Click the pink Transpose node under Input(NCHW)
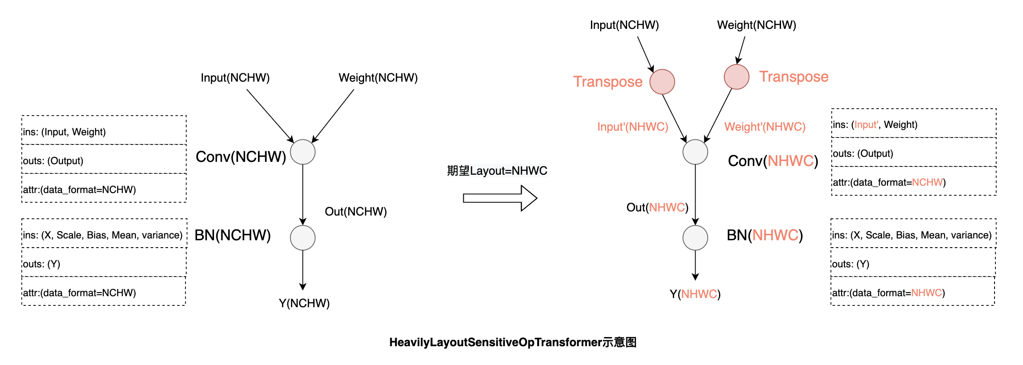click(662, 82)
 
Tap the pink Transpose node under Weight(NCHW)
click(736, 77)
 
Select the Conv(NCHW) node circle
click(303, 152)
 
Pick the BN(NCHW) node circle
click(303, 238)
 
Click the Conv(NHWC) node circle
click(695, 152)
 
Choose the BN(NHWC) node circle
click(695, 238)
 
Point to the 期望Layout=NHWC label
click(497, 171)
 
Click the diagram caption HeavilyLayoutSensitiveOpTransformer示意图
click(512, 342)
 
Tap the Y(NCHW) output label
click(304, 303)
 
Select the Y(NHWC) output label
click(695, 294)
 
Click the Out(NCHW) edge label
click(355, 211)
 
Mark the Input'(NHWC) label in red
click(632, 127)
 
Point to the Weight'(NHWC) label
click(764, 127)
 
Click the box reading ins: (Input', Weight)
click(913, 124)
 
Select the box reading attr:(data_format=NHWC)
click(912, 292)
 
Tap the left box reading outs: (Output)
click(104, 160)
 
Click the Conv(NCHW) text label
click(241, 157)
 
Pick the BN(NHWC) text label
click(764, 235)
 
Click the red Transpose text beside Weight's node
click(793, 77)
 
